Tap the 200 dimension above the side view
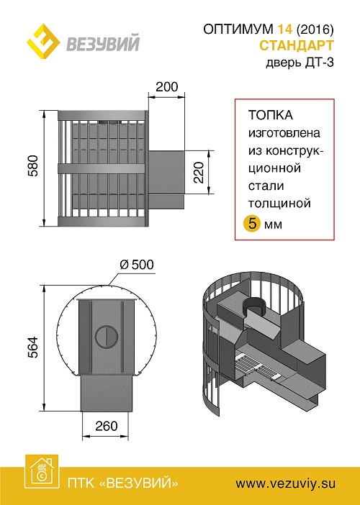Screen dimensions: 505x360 (x=166, y=87)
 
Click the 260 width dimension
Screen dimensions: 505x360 (x=106, y=425)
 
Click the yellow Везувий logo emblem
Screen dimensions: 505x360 (x=42, y=40)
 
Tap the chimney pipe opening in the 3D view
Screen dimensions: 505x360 (x=253, y=306)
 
